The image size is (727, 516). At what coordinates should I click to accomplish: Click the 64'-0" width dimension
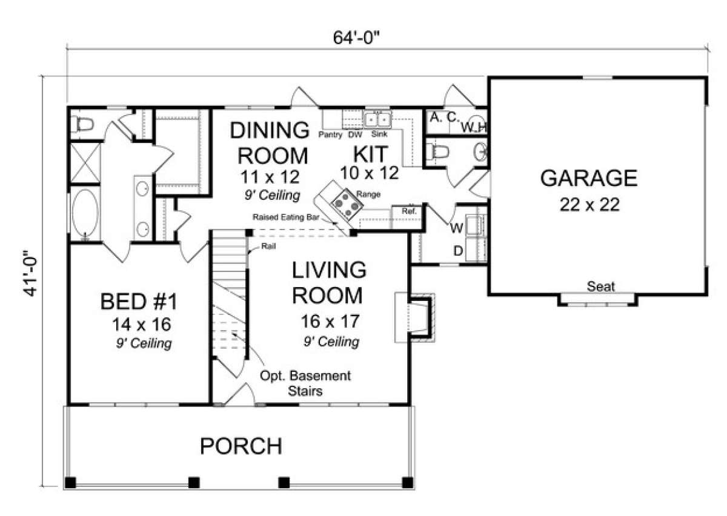[356, 38]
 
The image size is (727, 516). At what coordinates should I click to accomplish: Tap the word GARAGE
[589, 178]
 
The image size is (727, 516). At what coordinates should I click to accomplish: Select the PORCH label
[241, 446]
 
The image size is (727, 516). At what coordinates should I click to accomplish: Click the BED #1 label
[139, 302]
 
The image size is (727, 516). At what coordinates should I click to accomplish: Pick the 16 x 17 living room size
[330, 321]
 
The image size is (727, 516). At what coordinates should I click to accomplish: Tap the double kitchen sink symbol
[377, 120]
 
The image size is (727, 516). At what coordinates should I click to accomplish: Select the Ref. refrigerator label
[409, 211]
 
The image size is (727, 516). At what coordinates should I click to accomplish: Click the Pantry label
[330, 134]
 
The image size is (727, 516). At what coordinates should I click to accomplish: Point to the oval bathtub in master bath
[85, 213]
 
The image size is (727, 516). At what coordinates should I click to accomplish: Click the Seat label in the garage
[600, 286]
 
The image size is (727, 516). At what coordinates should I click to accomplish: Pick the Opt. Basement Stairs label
[305, 383]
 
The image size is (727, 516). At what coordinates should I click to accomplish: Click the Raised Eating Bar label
[285, 217]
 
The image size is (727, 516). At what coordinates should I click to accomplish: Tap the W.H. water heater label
[474, 128]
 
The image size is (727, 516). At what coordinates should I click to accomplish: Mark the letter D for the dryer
[458, 251]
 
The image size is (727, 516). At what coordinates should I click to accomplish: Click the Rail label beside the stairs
[268, 246]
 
